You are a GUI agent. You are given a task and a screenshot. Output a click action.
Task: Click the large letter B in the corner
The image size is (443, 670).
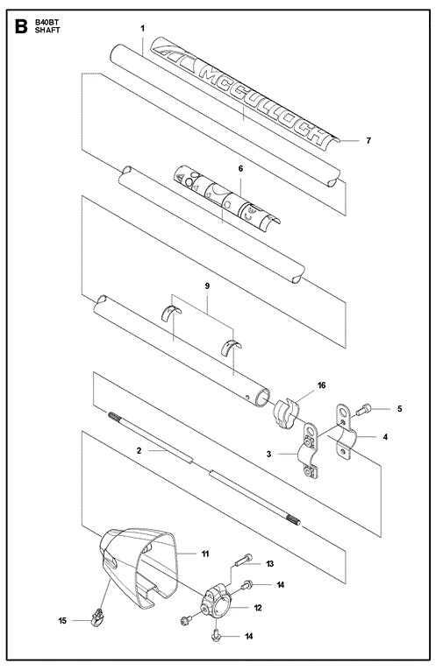click(21, 26)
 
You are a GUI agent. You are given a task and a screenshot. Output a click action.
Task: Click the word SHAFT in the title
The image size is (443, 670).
click(47, 31)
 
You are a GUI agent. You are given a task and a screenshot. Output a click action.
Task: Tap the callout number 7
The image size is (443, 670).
click(368, 141)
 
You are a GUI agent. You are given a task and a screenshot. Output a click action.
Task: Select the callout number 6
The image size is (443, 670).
click(240, 169)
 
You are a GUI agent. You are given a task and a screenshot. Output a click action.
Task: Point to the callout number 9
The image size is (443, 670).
click(208, 286)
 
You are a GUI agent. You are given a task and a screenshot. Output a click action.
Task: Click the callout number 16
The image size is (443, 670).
click(321, 385)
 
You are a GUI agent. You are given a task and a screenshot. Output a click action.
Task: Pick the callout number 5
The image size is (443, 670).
click(400, 409)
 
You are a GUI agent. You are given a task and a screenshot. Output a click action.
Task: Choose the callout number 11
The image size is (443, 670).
click(205, 554)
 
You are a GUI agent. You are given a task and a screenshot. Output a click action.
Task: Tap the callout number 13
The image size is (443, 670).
click(269, 564)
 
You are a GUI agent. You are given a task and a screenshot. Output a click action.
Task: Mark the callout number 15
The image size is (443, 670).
click(62, 620)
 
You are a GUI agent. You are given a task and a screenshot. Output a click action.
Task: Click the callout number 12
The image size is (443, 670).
click(258, 608)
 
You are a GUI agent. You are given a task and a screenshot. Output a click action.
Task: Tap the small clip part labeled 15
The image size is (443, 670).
click(98, 617)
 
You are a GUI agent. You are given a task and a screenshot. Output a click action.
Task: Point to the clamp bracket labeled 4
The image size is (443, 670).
click(346, 432)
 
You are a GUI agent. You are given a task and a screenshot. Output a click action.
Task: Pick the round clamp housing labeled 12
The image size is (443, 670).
click(216, 602)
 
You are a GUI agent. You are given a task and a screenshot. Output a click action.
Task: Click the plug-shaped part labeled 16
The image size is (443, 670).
click(285, 413)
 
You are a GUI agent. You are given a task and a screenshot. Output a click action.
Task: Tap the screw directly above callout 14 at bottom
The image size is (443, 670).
click(216, 635)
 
